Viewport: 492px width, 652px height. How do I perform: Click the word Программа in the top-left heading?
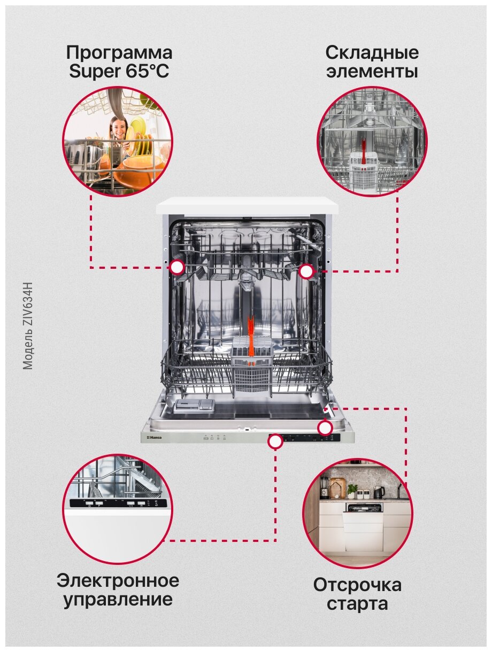tap(119, 53)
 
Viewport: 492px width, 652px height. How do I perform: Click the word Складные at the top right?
tap(372, 53)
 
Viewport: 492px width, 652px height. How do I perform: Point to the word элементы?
tap(372, 72)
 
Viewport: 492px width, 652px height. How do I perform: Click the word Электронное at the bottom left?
tap(118, 580)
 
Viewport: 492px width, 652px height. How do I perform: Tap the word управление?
tap(118, 599)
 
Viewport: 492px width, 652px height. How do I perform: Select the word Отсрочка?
tap(357, 585)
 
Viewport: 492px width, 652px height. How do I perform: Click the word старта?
tap(357, 604)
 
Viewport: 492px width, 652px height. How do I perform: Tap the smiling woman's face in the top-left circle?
tap(118, 128)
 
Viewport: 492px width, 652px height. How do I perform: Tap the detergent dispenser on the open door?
tap(194, 406)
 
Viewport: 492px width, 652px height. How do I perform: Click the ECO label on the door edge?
tap(206, 438)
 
